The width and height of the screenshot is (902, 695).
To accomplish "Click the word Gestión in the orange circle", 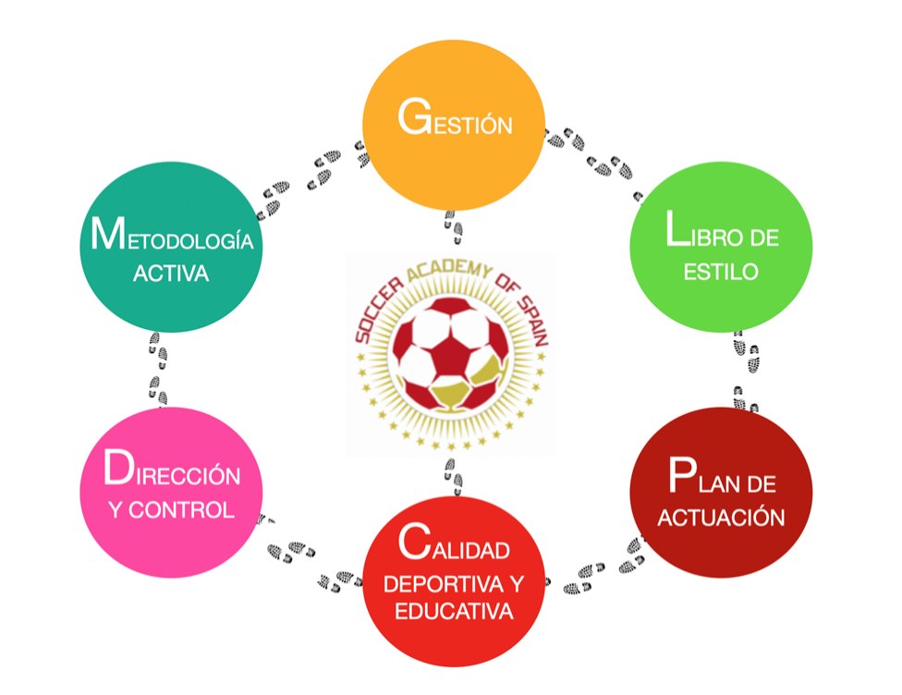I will (454, 121).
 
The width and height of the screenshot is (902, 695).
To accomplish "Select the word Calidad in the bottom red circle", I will (454, 548).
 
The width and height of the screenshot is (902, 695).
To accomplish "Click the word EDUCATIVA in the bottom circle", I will (454, 612).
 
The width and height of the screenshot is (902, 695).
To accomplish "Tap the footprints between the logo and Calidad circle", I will (452, 474).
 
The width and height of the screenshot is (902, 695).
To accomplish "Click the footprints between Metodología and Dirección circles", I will (158, 370).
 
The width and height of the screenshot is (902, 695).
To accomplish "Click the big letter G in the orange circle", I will (412, 117).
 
